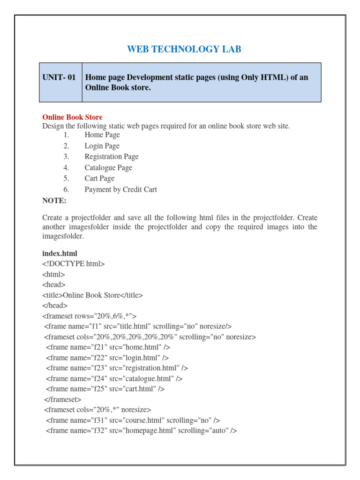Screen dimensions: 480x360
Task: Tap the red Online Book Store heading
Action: pyautogui.click(x=72, y=117)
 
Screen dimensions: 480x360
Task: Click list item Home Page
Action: pyautogui.click(x=102, y=135)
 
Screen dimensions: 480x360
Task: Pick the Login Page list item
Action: pyautogui.click(x=102, y=146)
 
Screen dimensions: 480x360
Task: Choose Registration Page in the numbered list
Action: pyautogui.click(x=112, y=157)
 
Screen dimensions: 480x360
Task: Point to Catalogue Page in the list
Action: pyautogui.click(x=108, y=168)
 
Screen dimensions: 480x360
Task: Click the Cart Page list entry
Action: pyautogui.click(x=99, y=179)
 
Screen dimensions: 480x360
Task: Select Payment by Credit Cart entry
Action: pyautogui.click(x=120, y=190)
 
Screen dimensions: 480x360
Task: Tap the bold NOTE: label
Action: pyautogui.click(x=54, y=201)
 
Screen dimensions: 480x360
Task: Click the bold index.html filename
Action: pyautogui.click(x=60, y=253)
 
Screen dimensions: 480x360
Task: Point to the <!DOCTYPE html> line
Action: pyautogui.click(x=74, y=264)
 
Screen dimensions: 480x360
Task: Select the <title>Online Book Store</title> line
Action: pyautogui.click(x=92, y=295)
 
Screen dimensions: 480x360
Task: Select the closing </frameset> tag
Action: pyautogui.click(x=62, y=399)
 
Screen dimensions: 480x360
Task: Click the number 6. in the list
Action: pyautogui.click(x=67, y=190)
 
